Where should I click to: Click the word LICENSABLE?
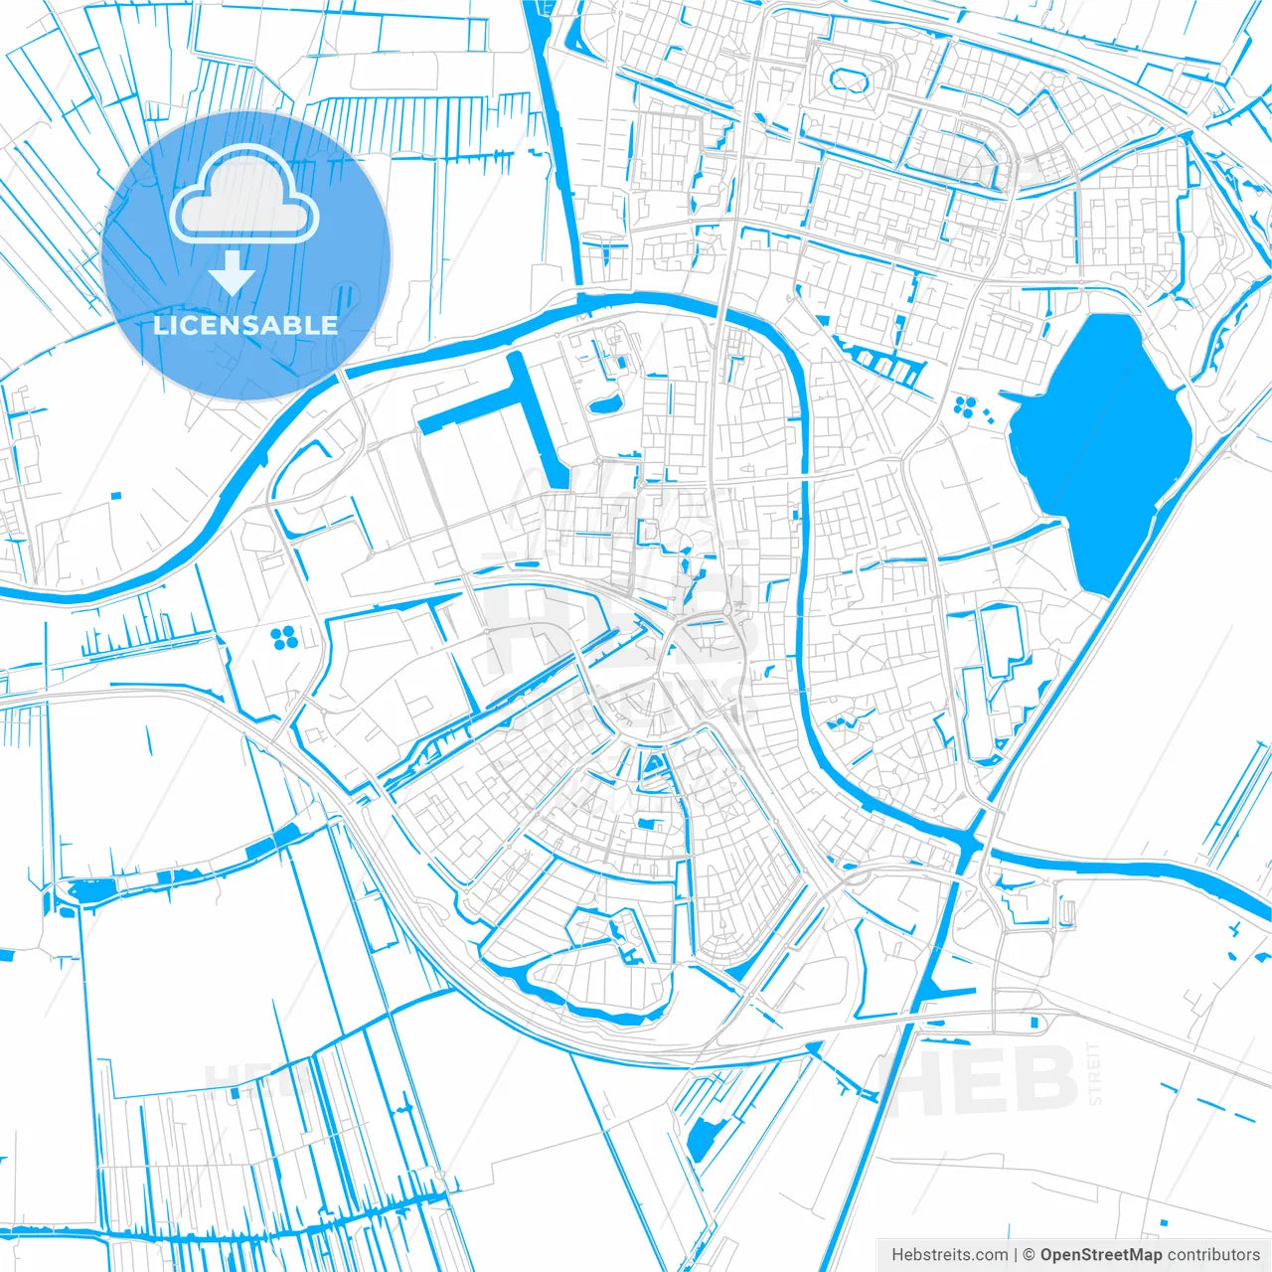(x=245, y=325)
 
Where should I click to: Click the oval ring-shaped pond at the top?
(x=847, y=79)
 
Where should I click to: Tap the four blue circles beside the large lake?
(x=964, y=405)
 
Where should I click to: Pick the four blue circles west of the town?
(x=283, y=637)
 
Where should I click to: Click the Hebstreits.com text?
(x=949, y=1255)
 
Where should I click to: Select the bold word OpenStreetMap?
(x=1101, y=1255)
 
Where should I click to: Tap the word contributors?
(x=1213, y=1255)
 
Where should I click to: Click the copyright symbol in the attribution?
(x=1030, y=1255)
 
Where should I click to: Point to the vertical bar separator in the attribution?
(x=1016, y=1255)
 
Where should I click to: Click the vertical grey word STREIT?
(x=1096, y=1073)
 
